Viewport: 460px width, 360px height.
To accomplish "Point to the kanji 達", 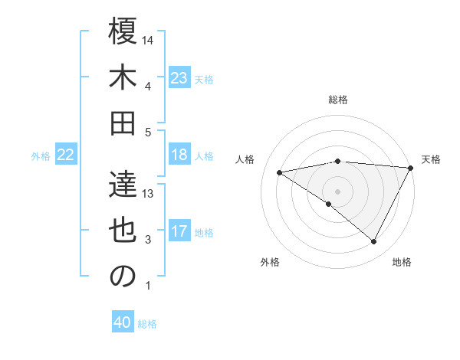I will pyautogui.click(x=123, y=185).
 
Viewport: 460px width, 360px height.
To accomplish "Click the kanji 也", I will pyautogui.click(x=123, y=231).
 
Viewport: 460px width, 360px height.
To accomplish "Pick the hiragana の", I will pyautogui.click(x=123, y=277).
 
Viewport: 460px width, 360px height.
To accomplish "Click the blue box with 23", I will pyautogui.click(x=179, y=77).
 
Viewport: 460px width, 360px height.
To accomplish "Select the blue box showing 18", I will pyautogui.click(x=179, y=155).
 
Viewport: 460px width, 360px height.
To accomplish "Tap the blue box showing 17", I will pyautogui.click(x=179, y=231).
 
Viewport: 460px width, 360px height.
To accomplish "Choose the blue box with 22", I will pyautogui.click(x=65, y=155).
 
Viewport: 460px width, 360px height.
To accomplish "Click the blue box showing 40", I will pyautogui.click(x=123, y=322).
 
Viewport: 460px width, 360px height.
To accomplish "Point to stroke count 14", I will pyautogui.click(x=149, y=41).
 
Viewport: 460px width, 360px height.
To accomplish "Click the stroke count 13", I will pyautogui.click(x=149, y=194).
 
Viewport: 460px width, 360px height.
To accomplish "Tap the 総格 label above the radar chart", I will pyautogui.click(x=338, y=100).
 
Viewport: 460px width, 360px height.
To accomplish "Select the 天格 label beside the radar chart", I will pyautogui.click(x=431, y=159).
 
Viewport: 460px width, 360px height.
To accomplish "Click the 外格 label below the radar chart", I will pyautogui.click(x=270, y=263).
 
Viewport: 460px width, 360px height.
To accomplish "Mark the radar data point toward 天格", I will pyautogui.click(x=412, y=168).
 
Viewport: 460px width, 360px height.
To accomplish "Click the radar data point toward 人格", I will pyautogui.click(x=280, y=172).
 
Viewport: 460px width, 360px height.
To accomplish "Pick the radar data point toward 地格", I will pyautogui.click(x=374, y=242).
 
